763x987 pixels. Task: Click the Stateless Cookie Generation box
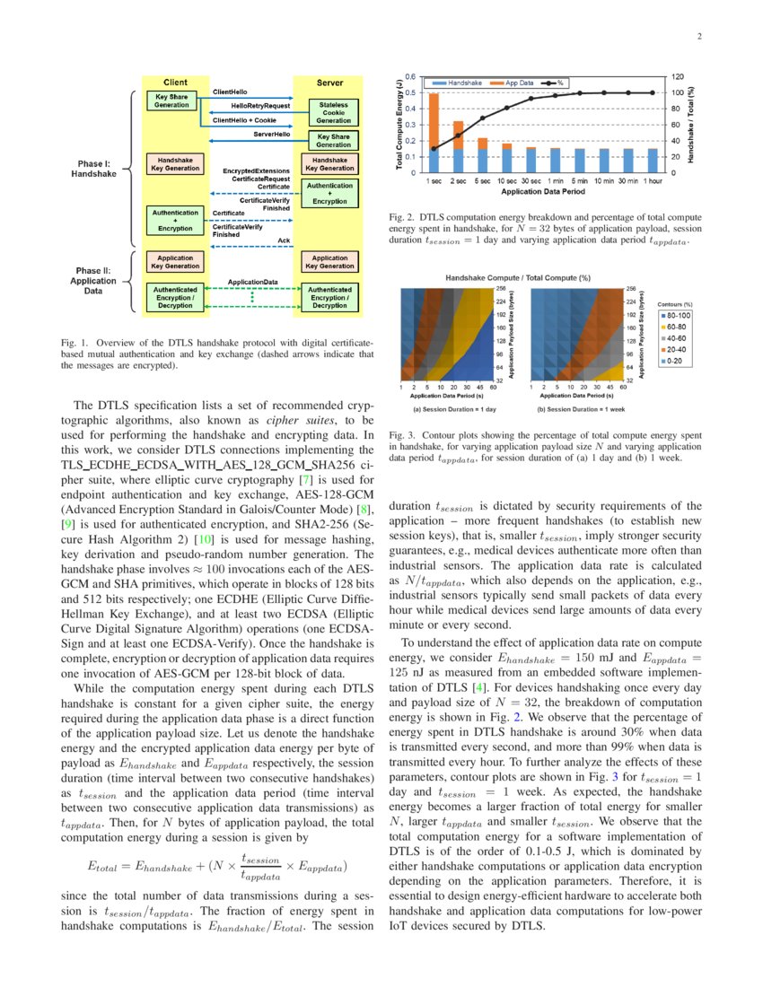(333, 112)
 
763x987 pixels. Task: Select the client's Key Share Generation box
(171, 100)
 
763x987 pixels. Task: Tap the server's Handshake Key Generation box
(329, 163)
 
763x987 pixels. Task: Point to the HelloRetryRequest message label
(260, 106)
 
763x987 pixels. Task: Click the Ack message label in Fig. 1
(284, 240)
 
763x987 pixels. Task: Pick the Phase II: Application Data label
(94, 282)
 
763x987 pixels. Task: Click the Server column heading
(329, 83)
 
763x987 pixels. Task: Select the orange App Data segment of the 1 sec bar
(434, 120)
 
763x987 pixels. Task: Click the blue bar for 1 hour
(653, 161)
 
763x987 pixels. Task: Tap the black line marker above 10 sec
(506, 108)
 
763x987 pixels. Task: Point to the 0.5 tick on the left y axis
(409, 92)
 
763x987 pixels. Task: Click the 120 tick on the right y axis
(678, 77)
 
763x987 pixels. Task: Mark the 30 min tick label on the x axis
(627, 180)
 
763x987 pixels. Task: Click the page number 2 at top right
(697, 37)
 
